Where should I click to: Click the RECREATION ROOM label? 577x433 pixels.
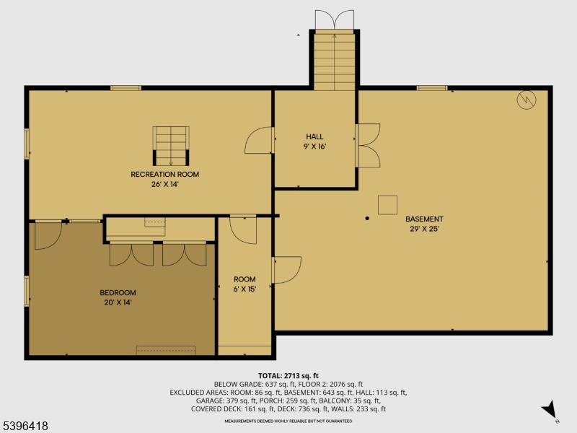point(164,174)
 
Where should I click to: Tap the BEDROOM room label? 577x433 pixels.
point(118,292)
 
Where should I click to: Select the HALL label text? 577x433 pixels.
point(314,136)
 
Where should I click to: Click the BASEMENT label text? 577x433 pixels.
point(424,219)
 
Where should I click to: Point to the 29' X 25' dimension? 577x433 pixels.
point(424,229)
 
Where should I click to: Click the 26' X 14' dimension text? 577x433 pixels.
point(164,184)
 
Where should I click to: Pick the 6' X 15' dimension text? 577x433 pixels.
point(245,289)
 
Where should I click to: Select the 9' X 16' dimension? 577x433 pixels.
point(314,146)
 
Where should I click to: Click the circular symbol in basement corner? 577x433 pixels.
point(527,100)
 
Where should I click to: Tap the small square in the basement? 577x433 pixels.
point(387,205)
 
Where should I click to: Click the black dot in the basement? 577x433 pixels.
point(367,217)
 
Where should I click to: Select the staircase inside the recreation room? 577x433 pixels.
point(171,145)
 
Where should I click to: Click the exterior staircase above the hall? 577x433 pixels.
point(335,61)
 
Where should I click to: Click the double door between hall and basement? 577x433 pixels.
point(368,145)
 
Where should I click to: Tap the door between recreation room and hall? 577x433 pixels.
point(260,140)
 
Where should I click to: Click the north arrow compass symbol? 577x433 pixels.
point(550,409)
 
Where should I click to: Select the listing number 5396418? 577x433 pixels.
point(25,427)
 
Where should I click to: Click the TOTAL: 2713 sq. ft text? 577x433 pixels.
point(288,376)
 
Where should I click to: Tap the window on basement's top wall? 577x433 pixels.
point(432,88)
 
